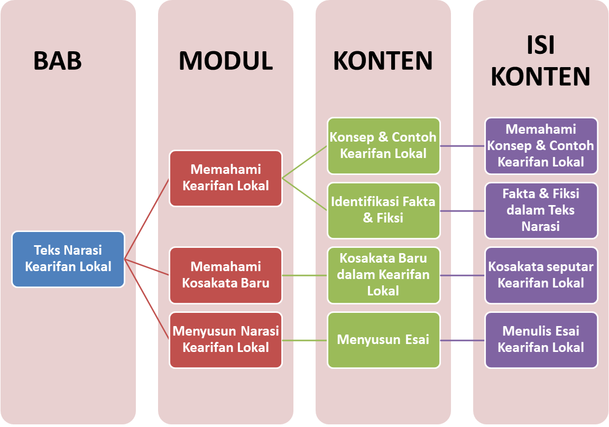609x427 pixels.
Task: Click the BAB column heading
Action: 58,61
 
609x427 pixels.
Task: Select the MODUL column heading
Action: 226,61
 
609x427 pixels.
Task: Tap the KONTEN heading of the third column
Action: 383,61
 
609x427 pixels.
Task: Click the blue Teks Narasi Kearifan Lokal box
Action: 68,259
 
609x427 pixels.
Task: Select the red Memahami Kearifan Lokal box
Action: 226,178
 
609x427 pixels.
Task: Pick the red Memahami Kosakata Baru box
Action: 226,275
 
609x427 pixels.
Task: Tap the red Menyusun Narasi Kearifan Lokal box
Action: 226,340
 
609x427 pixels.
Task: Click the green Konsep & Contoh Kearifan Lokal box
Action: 383,146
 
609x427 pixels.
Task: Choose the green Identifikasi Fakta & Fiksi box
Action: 383,210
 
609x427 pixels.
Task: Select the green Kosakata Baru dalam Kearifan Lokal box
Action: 383,275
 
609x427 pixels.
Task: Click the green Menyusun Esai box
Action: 383,340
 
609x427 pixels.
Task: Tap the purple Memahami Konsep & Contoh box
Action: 541,146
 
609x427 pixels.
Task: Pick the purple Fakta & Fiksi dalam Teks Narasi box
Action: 541,210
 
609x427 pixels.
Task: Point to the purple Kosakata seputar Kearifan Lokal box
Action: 541,275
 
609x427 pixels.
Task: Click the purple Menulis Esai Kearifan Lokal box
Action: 541,340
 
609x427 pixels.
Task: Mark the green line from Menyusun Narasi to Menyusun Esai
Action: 304,340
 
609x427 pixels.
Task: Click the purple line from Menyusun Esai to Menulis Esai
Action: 463,340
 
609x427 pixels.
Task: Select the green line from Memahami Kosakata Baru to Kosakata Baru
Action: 304,275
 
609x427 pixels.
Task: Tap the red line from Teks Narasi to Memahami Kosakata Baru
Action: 147,267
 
